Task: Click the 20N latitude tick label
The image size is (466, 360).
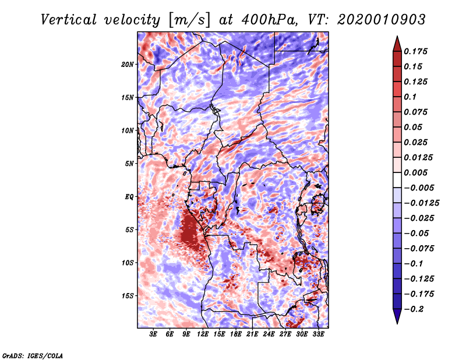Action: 128,64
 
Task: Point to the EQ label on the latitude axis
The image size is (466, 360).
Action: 129,196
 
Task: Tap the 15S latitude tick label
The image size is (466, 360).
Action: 128,296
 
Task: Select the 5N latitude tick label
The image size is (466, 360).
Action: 129,164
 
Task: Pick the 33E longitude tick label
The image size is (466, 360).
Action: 318,334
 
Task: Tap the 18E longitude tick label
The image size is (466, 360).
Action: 235,334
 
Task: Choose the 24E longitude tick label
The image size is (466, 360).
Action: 269,334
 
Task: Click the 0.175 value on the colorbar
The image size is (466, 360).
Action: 418,51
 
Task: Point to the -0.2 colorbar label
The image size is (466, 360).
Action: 418,309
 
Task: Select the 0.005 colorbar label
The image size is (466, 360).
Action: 418,173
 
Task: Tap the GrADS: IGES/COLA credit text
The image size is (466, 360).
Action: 33,355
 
